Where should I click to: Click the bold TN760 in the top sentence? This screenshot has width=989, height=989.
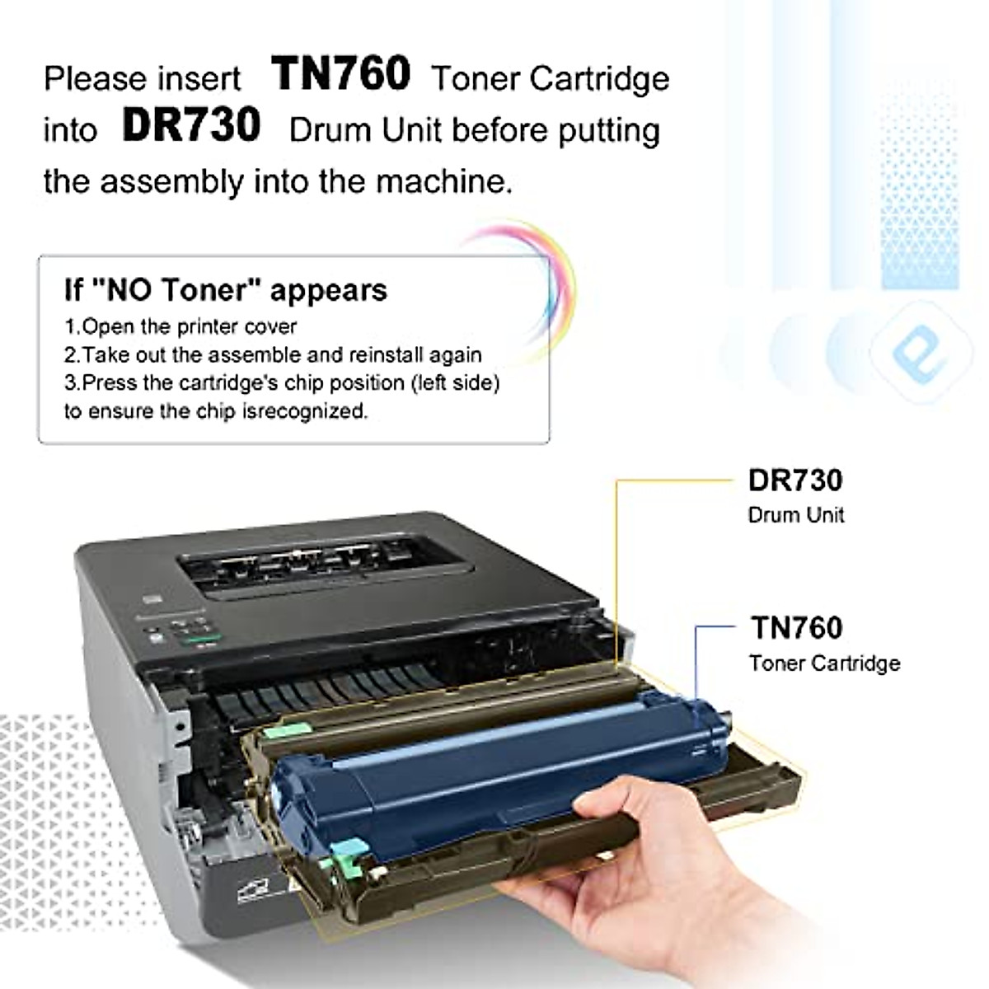340,74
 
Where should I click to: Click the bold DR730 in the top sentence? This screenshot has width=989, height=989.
191,126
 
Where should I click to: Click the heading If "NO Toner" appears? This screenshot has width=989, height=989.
225,290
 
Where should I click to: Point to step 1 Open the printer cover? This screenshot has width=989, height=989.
180,326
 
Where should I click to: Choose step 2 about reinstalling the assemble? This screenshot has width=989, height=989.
273,355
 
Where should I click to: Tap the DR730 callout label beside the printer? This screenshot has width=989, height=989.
795,480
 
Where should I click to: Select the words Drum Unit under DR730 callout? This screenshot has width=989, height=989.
795,515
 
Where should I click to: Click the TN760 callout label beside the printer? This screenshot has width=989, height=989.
796,628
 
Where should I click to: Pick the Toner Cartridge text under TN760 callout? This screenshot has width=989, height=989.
824,663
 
